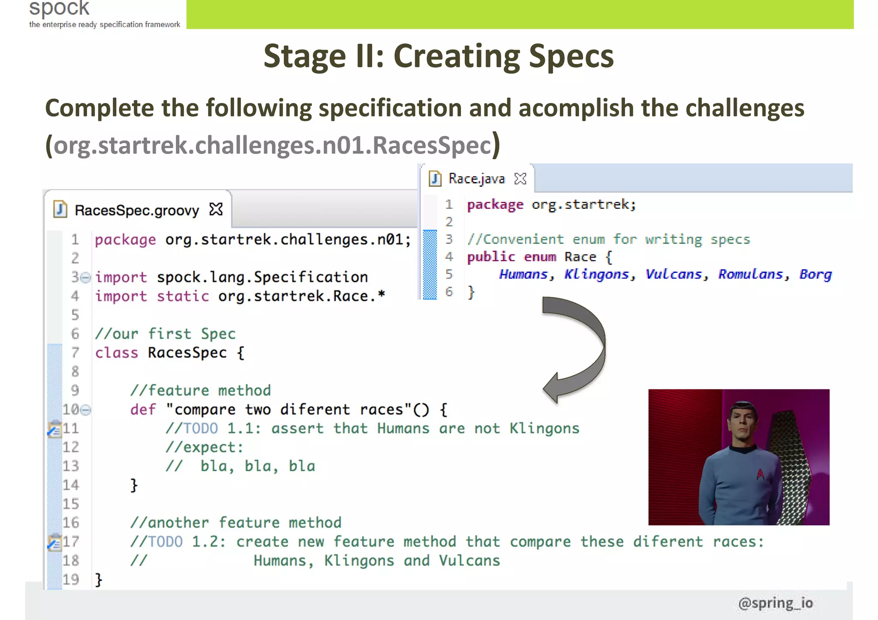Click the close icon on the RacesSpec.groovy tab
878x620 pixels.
coord(216,210)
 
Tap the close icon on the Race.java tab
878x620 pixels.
coord(520,178)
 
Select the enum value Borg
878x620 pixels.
coord(815,274)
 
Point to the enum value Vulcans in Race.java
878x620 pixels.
coord(674,274)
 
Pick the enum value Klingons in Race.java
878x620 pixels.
coord(596,274)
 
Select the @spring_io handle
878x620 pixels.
coord(776,603)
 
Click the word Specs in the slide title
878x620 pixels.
coord(571,56)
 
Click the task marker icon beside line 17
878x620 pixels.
coord(54,542)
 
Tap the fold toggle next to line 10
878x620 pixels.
coord(86,410)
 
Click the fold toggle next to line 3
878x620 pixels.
coord(86,278)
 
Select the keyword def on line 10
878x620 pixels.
coord(143,410)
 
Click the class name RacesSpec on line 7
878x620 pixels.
coord(187,353)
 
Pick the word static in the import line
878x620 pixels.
coord(183,296)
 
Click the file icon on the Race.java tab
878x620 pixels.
coord(435,178)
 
